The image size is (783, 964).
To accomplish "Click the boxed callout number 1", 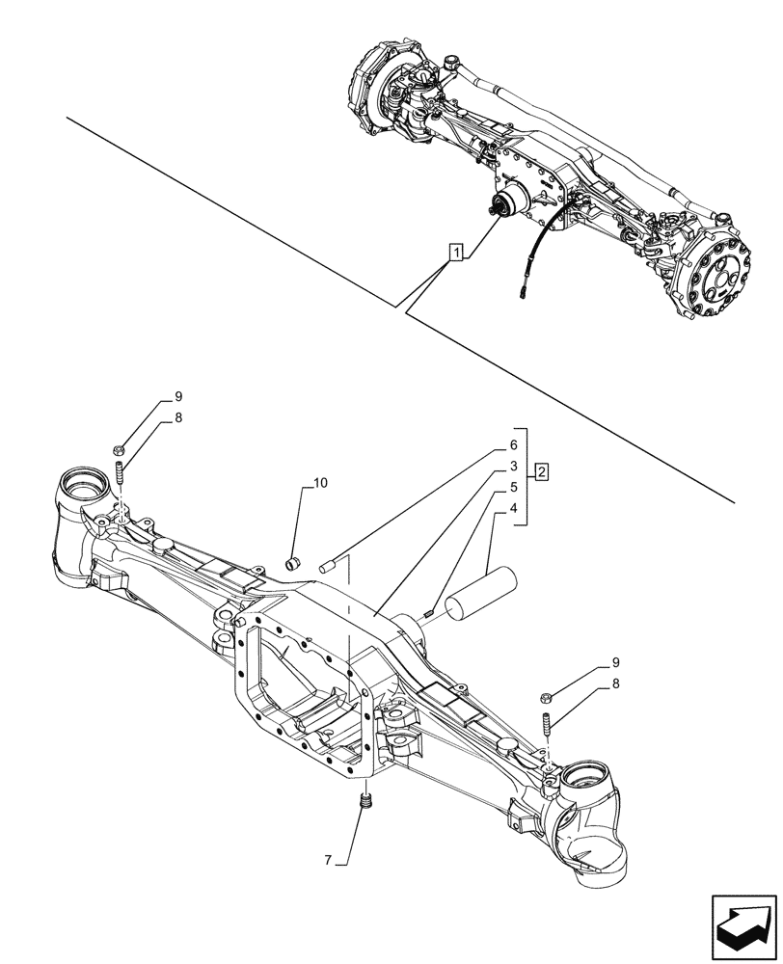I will point(456,253).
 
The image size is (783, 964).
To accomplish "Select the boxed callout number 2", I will point(543,472).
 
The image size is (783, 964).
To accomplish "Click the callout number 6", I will point(514,445).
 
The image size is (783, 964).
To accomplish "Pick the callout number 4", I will point(514,508).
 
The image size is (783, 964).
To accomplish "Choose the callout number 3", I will point(514,467).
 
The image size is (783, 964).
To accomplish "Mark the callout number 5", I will point(514,488).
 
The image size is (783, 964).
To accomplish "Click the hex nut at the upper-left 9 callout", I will point(117,448).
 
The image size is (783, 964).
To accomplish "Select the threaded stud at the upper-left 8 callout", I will point(121,475).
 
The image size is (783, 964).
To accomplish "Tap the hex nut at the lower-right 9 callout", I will point(546,696).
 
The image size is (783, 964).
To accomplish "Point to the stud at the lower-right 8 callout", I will point(547,723).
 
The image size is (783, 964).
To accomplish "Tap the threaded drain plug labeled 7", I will point(365,800).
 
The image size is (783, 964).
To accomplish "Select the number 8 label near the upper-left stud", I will point(177,418).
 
